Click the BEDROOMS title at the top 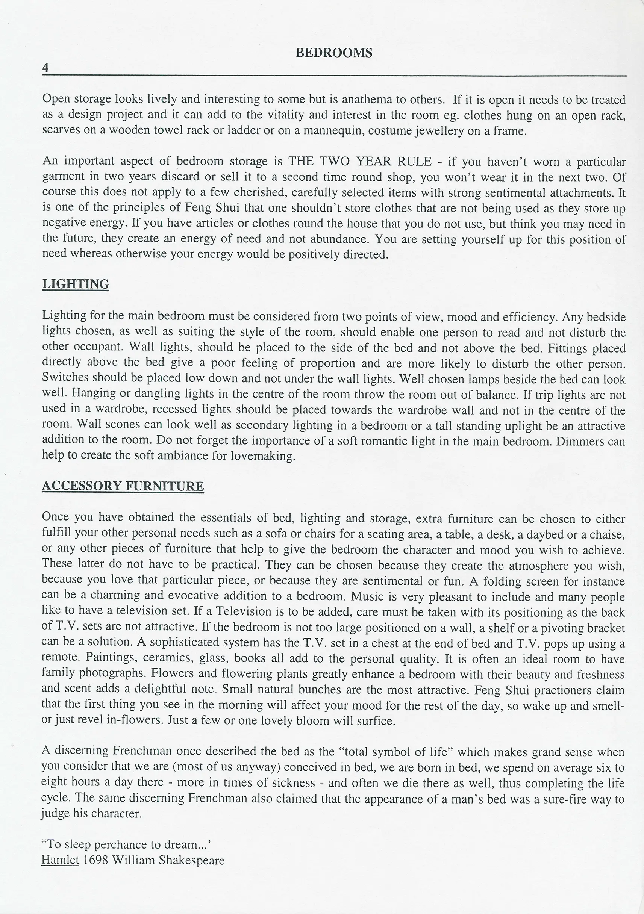334,53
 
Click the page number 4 45,68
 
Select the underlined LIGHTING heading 75,284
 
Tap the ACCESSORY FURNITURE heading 123,486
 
